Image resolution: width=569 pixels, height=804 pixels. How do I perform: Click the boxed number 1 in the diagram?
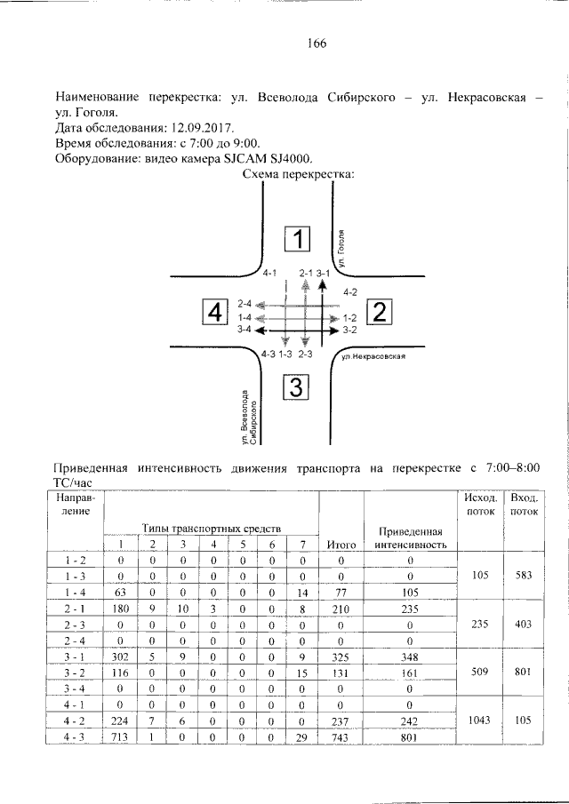point(300,240)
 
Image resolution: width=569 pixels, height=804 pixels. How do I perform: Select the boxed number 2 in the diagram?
point(380,312)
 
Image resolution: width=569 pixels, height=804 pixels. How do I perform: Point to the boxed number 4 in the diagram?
point(215,313)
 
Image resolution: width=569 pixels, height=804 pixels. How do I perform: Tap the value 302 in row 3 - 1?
point(116,656)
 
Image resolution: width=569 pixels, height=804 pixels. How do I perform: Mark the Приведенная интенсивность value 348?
point(410,656)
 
